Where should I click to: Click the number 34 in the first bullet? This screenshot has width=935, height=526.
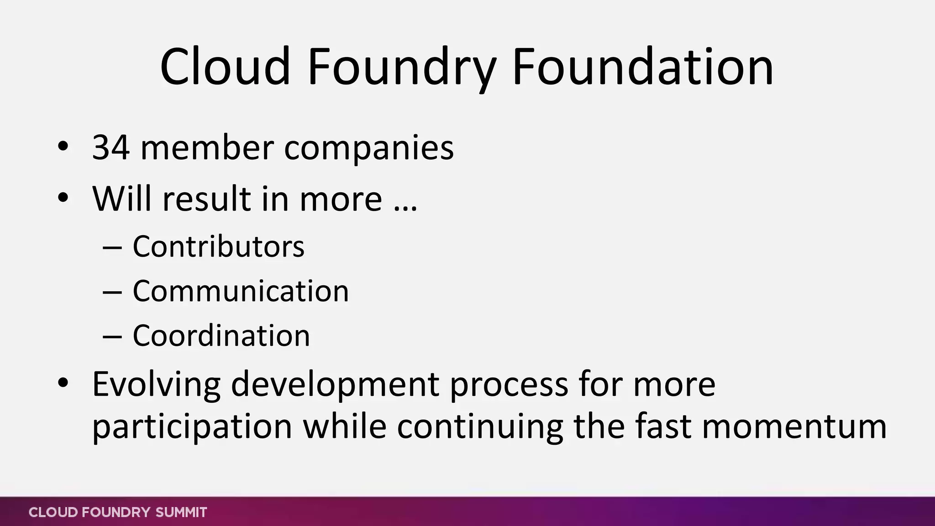coord(111,148)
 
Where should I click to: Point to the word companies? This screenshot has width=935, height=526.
coord(369,149)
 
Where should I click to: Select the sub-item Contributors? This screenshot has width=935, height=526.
coord(218,247)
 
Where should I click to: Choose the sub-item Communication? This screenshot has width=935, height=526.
coord(241,291)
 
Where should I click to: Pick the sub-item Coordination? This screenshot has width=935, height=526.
coord(221,336)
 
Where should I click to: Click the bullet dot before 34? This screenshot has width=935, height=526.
coord(63,147)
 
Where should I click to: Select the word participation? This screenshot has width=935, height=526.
coord(192,427)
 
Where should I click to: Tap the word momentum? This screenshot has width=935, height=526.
coord(794,426)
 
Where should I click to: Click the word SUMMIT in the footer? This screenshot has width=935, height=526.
coord(181,512)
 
